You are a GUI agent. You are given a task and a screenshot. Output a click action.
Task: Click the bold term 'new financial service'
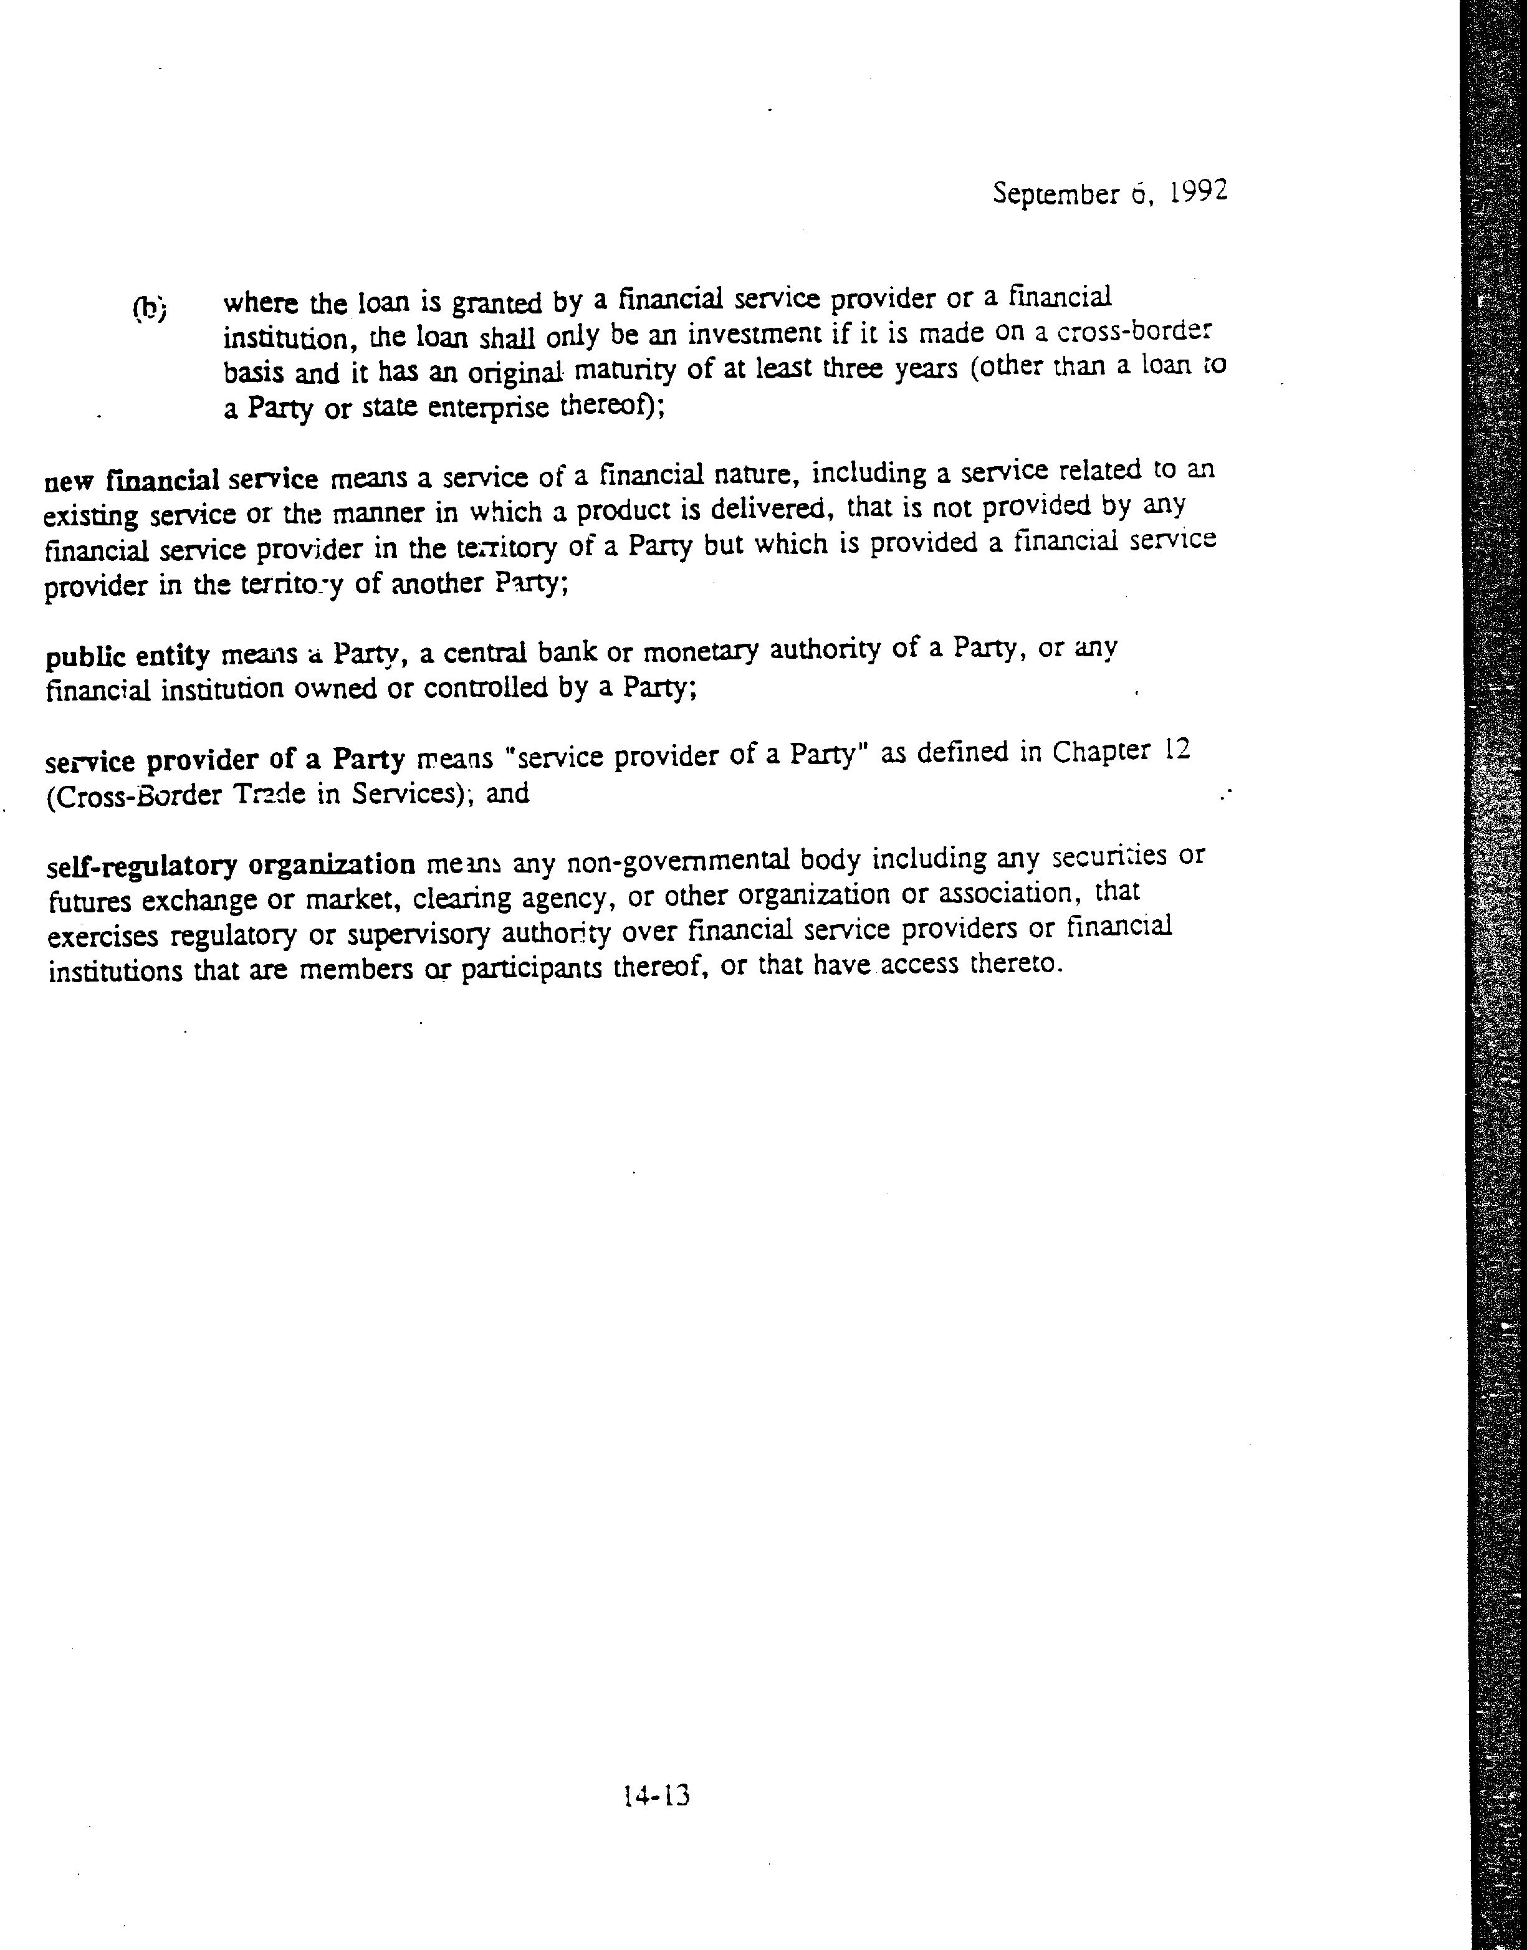[181, 481]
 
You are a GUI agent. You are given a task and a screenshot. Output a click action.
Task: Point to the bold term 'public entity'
[127, 657]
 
